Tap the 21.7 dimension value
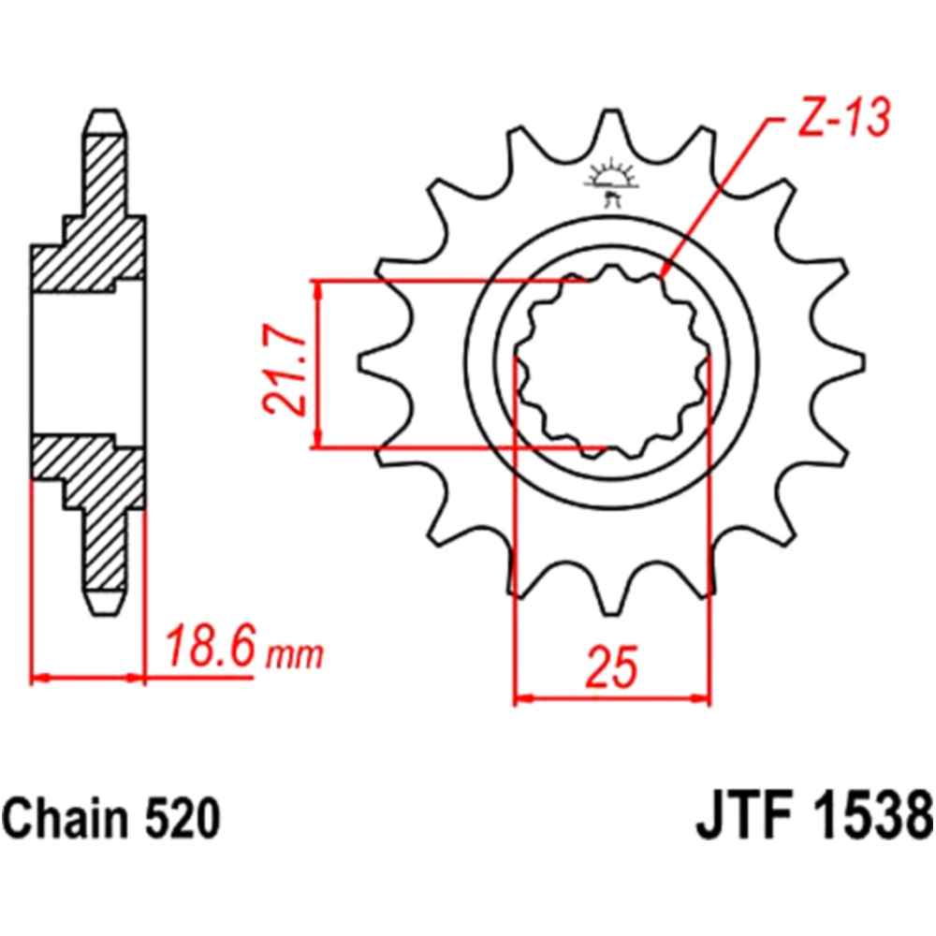pos(285,370)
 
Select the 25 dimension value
pos(611,665)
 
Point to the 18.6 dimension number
pos(210,647)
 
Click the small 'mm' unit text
pos(294,656)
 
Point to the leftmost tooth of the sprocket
pos(382,361)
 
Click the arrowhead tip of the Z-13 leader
pos(662,278)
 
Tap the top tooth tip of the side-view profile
pos(106,111)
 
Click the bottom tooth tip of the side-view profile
pos(106,615)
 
